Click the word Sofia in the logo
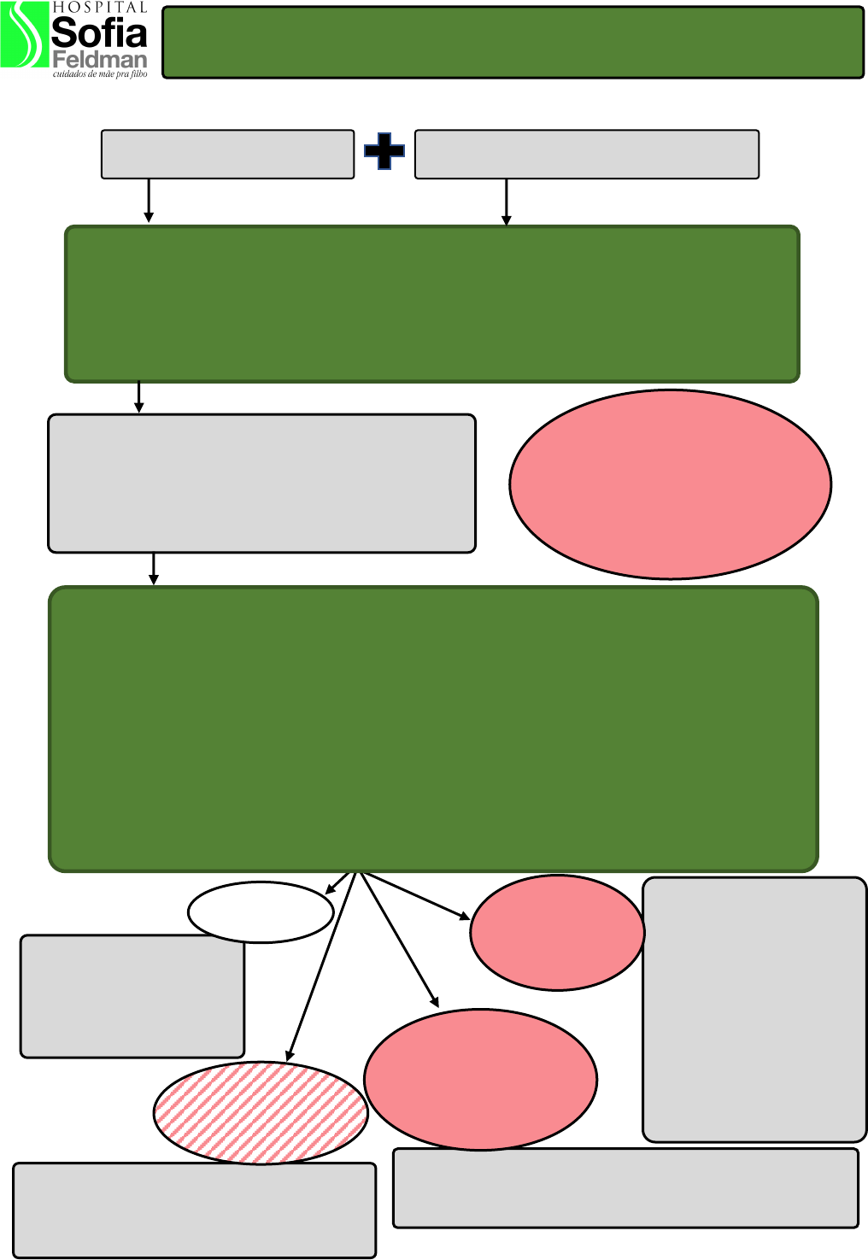tap(99, 32)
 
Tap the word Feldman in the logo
tap(99, 60)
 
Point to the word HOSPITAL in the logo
tap(99, 7)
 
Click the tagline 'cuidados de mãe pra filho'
tap(100, 74)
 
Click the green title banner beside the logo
tap(513, 43)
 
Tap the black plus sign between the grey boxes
tap(384, 152)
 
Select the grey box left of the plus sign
tap(227, 154)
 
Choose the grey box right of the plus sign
tap(586, 154)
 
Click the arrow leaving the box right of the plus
tap(507, 202)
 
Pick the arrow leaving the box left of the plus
tap(149, 200)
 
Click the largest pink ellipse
tap(670, 484)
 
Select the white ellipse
tap(260, 911)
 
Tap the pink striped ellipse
tap(261, 1112)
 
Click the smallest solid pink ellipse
tap(557, 933)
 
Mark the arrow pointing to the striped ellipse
tap(321, 965)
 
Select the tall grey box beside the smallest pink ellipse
tap(754, 1009)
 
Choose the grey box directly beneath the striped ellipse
tap(194, 1210)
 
